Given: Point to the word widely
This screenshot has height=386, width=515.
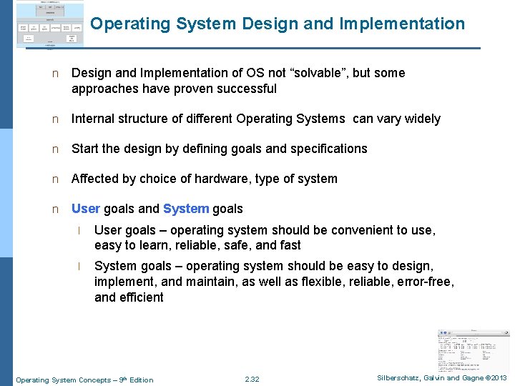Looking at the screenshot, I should [x=421, y=119].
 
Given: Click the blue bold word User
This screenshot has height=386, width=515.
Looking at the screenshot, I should [x=86, y=209].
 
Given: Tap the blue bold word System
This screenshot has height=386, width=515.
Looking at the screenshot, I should [x=186, y=209].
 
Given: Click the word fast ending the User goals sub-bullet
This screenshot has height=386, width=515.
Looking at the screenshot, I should [x=290, y=245].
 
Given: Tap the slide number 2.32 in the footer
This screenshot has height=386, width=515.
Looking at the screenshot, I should [x=252, y=380].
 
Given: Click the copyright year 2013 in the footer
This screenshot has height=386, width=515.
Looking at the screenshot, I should [x=497, y=378].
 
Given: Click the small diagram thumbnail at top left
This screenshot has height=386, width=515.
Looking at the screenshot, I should [x=49, y=26].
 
